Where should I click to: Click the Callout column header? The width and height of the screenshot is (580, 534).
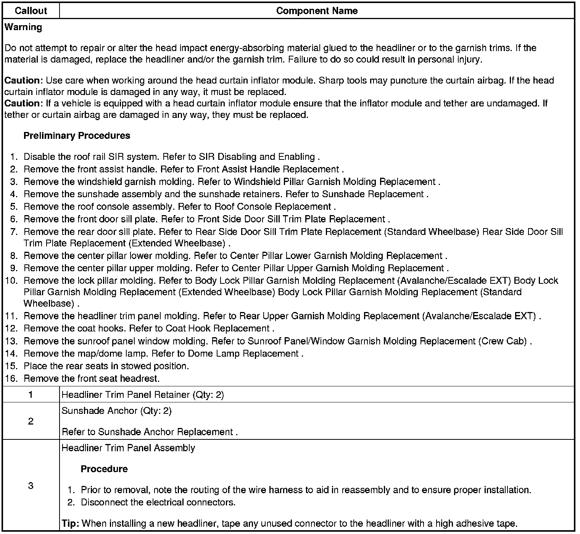(x=31, y=11)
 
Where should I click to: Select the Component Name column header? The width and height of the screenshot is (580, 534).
(x=317, y=11)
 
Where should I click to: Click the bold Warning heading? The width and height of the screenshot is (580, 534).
(x=23, y=27)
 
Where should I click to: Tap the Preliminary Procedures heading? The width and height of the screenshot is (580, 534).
(x=77, y=136)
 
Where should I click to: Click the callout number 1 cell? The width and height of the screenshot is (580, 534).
(x=31, y=394)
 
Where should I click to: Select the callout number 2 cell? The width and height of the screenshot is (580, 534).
(x=31, y=421)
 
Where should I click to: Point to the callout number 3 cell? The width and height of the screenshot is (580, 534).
(x=31, y=486)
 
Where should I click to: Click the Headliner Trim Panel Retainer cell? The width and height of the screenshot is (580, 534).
(x=143, y=395)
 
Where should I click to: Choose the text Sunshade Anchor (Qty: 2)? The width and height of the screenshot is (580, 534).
(x=116, y=411)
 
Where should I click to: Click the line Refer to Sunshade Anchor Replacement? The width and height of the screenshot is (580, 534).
(x=150, y=432)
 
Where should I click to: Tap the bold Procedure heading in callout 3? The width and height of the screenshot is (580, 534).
(x=104, y=469)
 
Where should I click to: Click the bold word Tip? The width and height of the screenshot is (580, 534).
(x=70, y=523)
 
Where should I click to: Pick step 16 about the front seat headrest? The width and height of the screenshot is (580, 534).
(x=92, y=379)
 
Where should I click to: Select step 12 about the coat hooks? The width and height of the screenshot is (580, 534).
(x=149, y=328)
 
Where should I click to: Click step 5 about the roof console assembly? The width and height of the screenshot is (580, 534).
(x=179, y=207)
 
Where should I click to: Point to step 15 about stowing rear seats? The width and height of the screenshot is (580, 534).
(x=106, y=366)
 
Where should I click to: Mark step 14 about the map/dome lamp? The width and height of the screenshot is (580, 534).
(x=163, y=354)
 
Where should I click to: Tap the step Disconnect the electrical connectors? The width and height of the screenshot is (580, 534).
(x=158, y=502)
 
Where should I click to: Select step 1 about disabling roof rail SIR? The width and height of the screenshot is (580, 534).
(x=172, y=157)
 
